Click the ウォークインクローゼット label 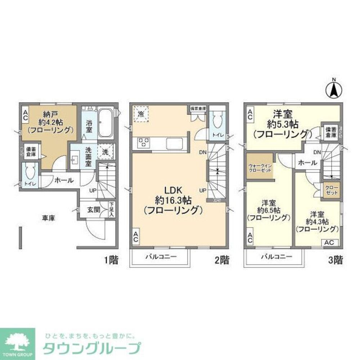tap(259, 168)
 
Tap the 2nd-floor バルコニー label tap(161, 257)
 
